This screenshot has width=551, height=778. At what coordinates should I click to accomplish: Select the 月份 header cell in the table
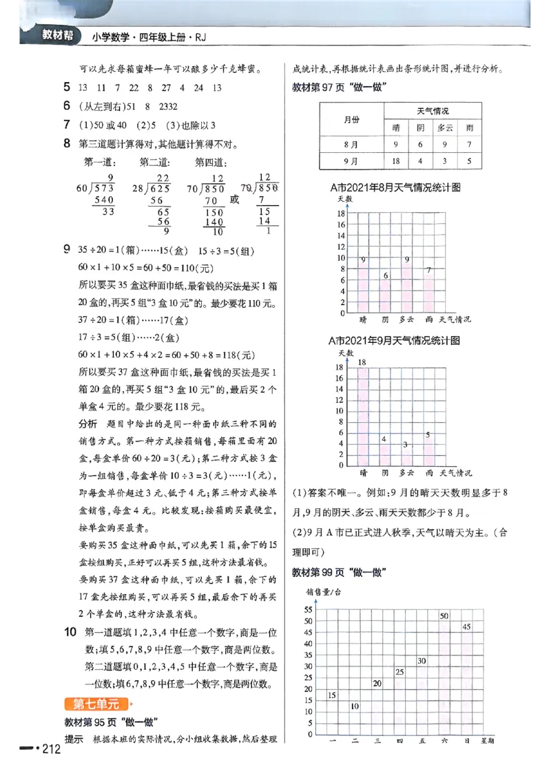[351, 119]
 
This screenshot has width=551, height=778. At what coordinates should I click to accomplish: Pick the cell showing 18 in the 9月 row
[396, 161]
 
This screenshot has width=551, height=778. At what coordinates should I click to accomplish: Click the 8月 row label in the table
[351, 145]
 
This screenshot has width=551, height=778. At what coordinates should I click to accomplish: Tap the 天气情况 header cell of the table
[433, 111]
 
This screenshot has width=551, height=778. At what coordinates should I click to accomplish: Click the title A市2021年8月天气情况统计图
[395, 187]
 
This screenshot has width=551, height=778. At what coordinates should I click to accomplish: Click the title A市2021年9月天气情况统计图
[395, 340]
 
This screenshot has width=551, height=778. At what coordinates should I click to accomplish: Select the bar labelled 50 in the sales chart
[444, 675]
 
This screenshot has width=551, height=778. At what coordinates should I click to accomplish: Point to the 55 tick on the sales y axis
[309, 610]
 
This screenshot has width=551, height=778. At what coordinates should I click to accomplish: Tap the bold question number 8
[67, 144]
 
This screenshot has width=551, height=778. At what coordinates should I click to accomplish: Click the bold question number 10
[70, 632]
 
